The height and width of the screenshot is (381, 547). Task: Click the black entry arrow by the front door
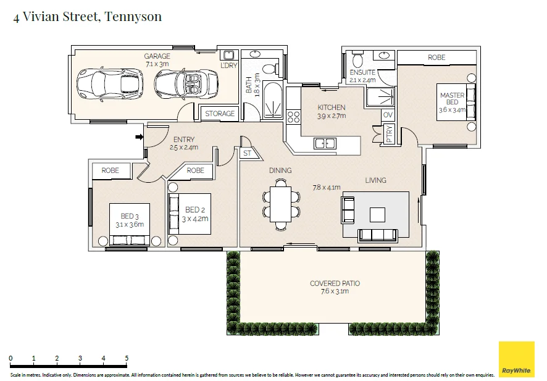point(139,136)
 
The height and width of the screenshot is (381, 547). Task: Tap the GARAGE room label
point(157,56)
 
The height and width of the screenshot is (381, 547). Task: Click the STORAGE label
point(220,114)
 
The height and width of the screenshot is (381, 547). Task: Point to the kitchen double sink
point(325,143)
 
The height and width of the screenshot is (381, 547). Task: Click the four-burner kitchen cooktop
point(293,117)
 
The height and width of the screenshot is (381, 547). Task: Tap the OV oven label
point(388,115)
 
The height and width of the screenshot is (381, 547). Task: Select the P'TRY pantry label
point(390,133)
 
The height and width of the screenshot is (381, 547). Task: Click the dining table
point(280,204)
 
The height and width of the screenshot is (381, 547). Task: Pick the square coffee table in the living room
point(377,214)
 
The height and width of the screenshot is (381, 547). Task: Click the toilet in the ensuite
point(357,60)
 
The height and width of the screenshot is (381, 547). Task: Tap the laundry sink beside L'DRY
point(229,55)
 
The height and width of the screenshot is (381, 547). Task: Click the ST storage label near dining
point(248,153)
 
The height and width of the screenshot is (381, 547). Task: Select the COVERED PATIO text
point(335,283)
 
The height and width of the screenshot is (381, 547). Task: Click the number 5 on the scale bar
point(127,358)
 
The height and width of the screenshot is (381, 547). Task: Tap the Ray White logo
point(517,359)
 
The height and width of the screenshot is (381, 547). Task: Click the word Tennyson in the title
point(133,17)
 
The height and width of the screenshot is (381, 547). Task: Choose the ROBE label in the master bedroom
point(436,57)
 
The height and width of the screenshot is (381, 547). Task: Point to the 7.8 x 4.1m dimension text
point(327,187)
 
